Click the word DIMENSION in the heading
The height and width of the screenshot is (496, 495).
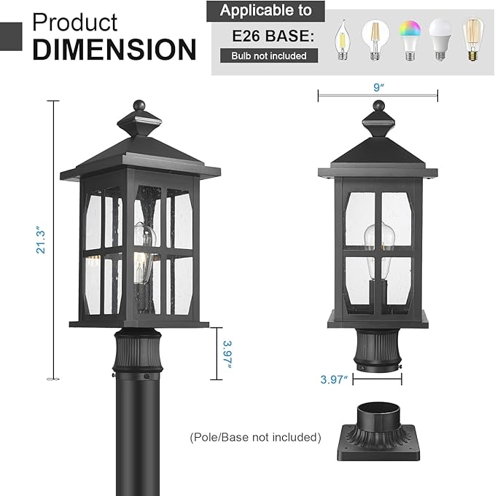[114, 50]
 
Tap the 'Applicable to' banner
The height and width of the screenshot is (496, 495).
[265, 10]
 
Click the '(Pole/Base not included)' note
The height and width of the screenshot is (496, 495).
[255, 437]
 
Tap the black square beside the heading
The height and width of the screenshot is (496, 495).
[10, 34]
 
